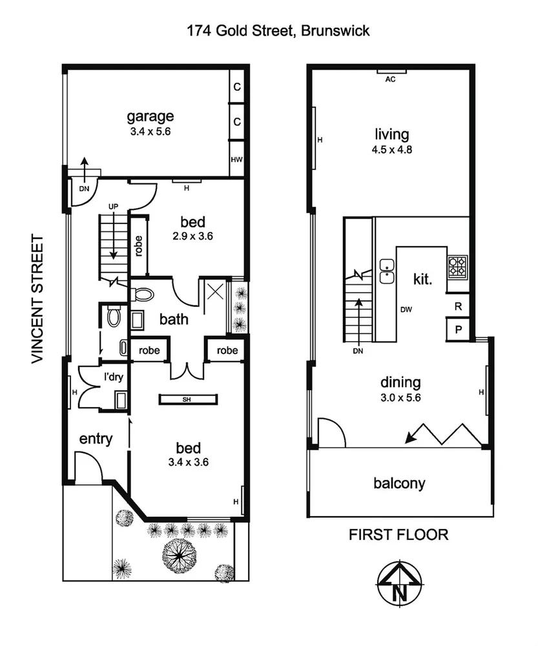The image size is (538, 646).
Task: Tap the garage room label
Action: point(150,117)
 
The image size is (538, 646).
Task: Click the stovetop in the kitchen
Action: point(457,266)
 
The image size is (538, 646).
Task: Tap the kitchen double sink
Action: point(388,271)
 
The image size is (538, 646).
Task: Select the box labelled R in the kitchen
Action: point(458,306)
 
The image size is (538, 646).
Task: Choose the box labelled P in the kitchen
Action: point(458,329)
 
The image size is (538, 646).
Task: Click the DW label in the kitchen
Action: point(406,309)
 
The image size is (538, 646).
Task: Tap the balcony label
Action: point(399,483)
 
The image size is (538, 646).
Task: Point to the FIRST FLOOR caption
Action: point(398,535)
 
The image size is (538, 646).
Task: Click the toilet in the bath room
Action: point(143,295)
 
